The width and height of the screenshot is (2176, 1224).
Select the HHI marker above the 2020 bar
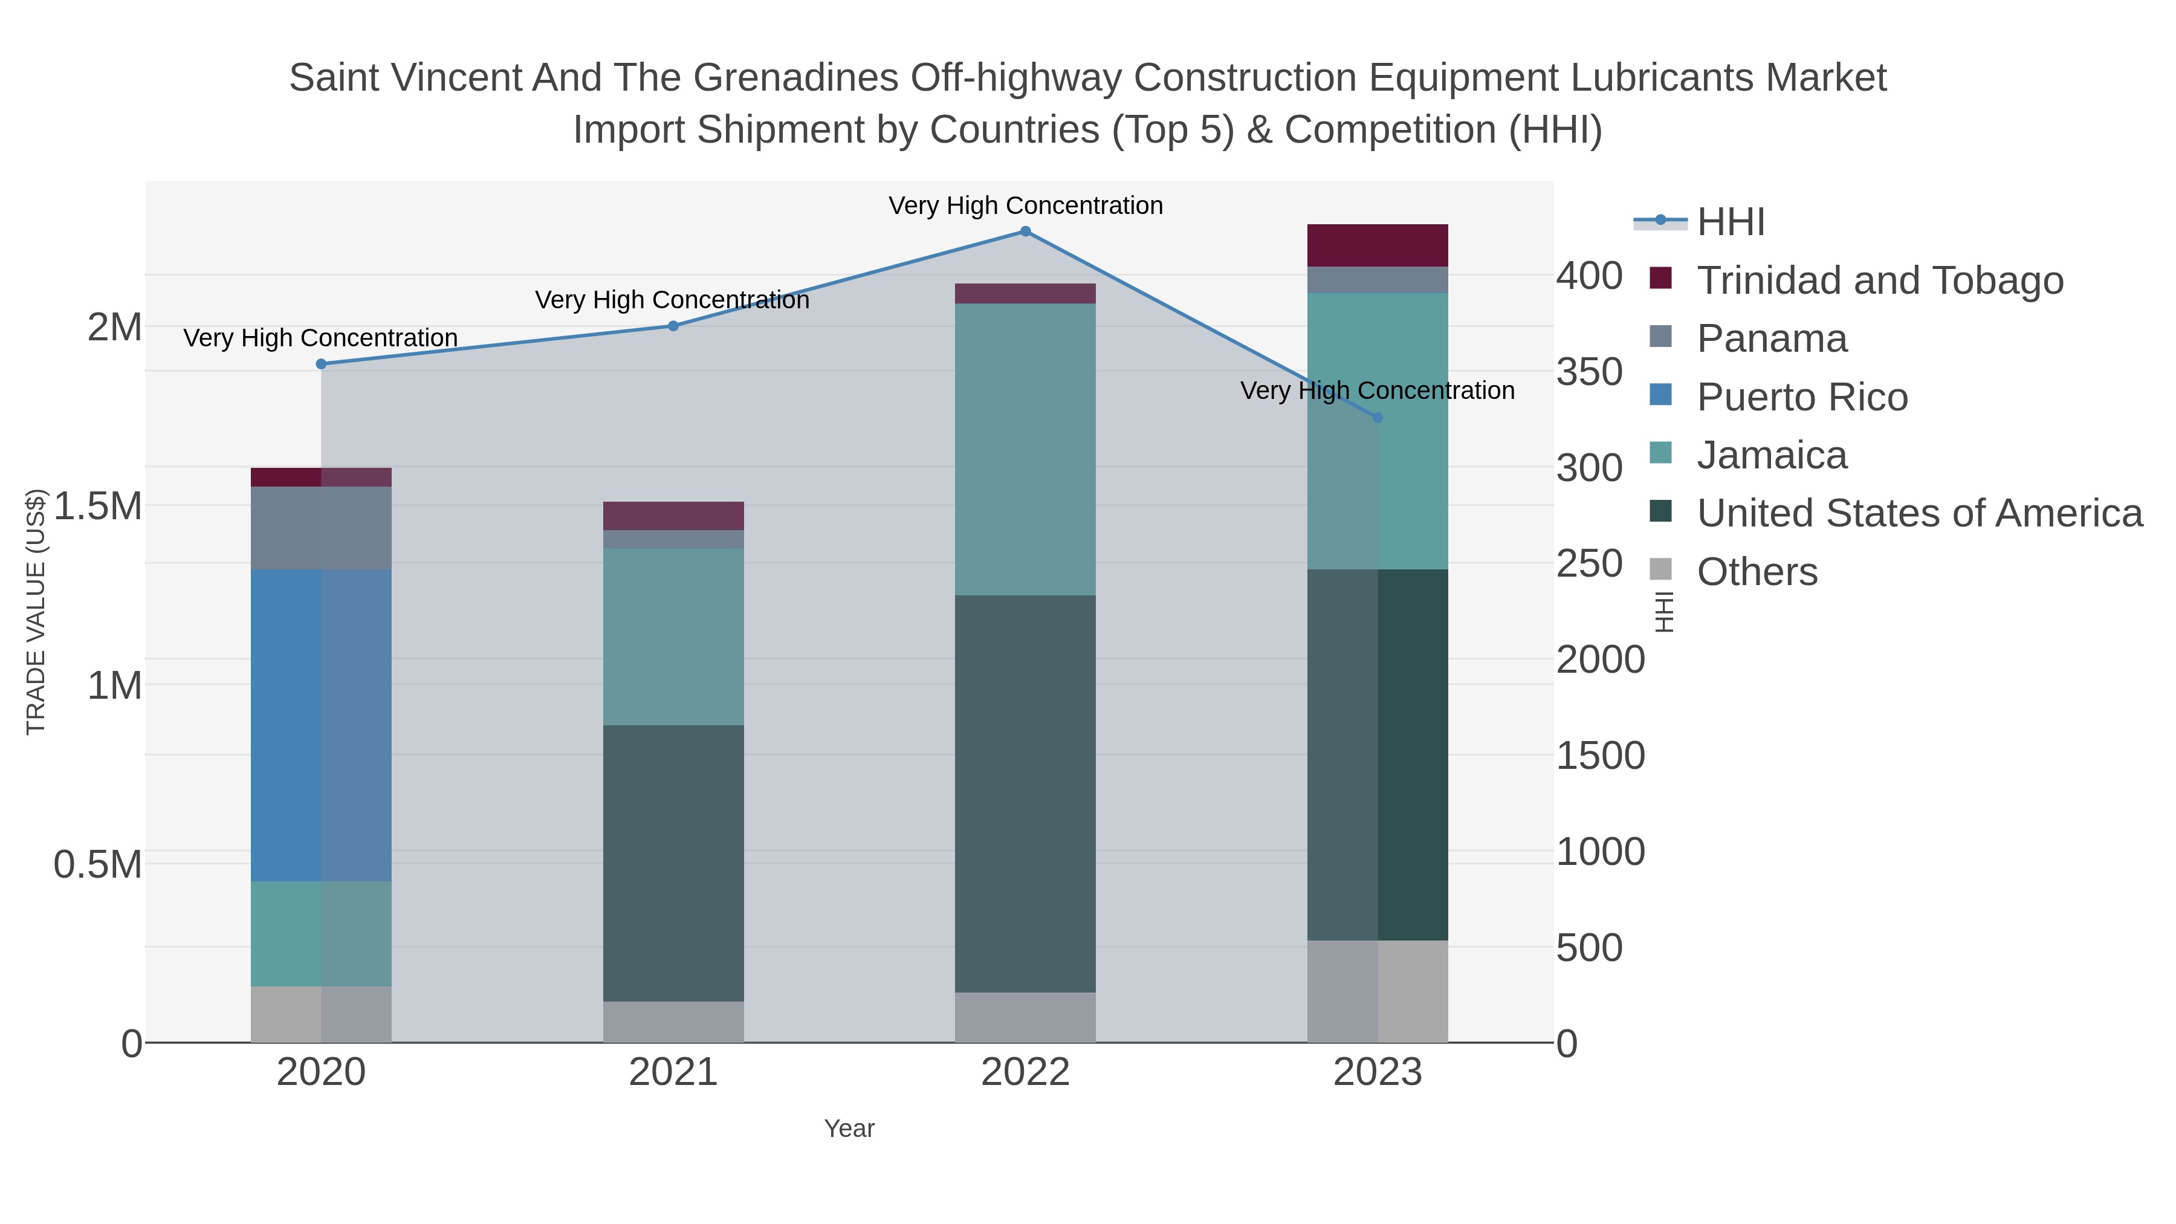point(321,364)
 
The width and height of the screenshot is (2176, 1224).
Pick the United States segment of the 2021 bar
point(673,863)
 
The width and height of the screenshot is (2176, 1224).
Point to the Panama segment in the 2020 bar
point(321,527)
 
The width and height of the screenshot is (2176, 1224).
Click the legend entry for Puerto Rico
point(1802,397)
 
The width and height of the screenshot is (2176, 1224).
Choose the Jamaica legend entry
point(1772,455)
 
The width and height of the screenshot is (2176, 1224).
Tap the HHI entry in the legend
point(1730,222)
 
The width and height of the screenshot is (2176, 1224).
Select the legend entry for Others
point(1756,572)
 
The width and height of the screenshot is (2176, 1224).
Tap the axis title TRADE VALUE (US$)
point(36,612)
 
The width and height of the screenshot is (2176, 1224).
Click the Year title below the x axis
point(849,1128)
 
